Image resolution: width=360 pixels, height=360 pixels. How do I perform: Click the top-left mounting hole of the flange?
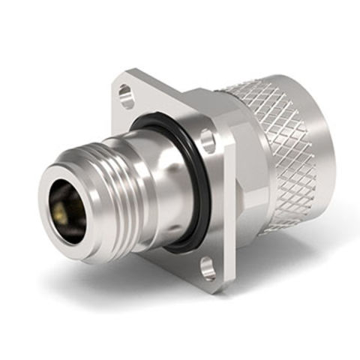[126, 96]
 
